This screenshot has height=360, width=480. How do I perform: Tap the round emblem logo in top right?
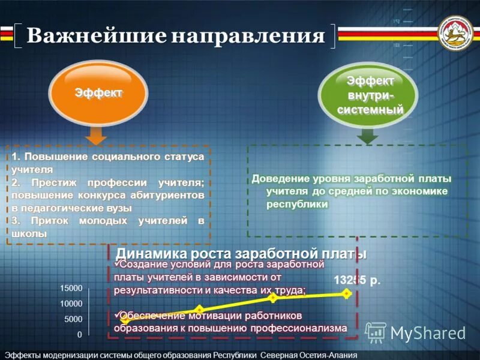pyautogui.click(x=457, y=34)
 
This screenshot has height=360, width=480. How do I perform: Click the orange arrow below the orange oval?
pyautogui.click(x=95, y=136)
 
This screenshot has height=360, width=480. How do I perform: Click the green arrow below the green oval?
pyautogui.click(x=367, y=136)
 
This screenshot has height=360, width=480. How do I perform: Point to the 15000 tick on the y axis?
pyautogui.click(x=71, y=289)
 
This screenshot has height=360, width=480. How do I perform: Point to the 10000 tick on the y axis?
pyautogui.click(x=71, y=304)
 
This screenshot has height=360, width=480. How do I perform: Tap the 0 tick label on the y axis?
pyautogui.click(x=80, y=334)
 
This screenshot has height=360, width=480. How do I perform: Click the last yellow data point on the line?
pyautogui.click(x=346, y=293)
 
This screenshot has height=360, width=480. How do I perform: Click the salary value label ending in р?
pyautogui.click(x=357, y=280)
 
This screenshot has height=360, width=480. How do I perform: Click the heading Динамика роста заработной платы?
pyautogui.click(x=241, y=253)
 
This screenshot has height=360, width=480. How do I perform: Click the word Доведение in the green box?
pyautogui.click(x=281, y=179)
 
